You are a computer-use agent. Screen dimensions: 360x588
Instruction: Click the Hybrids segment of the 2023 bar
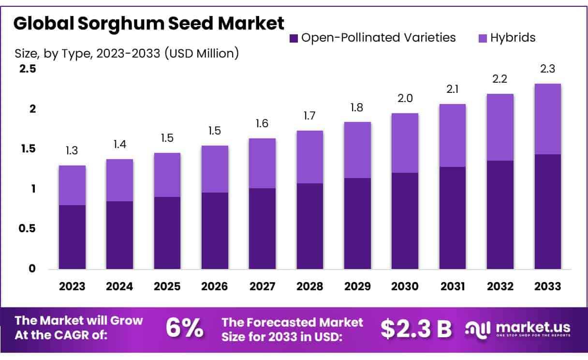point(72,185)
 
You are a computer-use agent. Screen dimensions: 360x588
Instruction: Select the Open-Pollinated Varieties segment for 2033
point(548,211)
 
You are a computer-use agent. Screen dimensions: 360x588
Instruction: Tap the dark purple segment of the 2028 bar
point(310,226)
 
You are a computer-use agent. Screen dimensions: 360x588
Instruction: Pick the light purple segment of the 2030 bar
point(405,143)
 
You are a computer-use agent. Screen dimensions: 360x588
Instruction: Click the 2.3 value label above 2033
point(548,69)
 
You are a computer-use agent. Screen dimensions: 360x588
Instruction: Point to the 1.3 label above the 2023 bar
point(72,151)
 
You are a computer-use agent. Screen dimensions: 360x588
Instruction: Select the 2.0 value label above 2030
point(405,99)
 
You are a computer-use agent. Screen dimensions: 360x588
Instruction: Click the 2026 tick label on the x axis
point(215,286)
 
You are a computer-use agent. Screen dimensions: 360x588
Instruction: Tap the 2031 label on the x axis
point(453,286)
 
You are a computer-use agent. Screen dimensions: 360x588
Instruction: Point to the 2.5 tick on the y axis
point(28,69)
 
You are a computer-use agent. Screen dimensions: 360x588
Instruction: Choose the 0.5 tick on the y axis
point(28,228)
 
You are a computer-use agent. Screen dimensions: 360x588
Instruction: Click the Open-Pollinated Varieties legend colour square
point(293,38)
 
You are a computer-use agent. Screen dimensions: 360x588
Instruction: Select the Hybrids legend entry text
point(513,37)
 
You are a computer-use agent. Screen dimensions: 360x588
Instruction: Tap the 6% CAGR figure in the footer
point(184,328)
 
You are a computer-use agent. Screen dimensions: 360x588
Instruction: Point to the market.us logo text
point(533,327)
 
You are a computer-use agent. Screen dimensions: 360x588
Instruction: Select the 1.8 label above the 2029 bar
point(357,107)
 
